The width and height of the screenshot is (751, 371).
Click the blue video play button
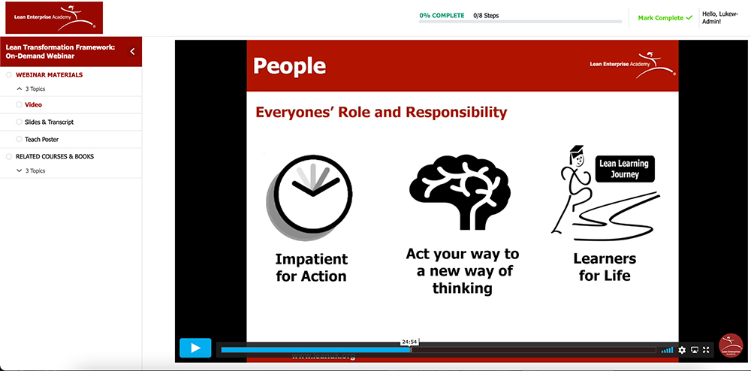(195, 348)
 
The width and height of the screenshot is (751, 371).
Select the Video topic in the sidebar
(34, 105)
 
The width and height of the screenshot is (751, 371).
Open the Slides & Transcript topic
(50, 122)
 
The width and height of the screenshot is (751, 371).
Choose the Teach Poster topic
(41, 139)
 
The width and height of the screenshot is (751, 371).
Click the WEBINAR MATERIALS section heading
(50, 74)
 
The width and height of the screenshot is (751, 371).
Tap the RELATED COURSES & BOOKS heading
(55, 156)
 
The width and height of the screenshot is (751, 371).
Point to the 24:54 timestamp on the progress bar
(410, 342)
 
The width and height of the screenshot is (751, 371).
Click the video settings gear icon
(682, 350)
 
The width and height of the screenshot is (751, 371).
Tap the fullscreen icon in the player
(706, 350)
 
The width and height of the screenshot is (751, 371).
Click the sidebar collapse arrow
(133, 52)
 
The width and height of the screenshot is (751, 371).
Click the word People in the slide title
(289, 67)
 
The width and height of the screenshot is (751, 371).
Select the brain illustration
(460, 192)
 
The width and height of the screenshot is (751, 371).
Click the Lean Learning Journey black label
(625, 169)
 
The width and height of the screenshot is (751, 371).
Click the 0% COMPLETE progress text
(442, 16)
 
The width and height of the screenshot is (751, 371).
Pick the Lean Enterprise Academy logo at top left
(54, 18)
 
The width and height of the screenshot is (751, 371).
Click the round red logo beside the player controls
(731, 345)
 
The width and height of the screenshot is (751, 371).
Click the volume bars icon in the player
(667, 350)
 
